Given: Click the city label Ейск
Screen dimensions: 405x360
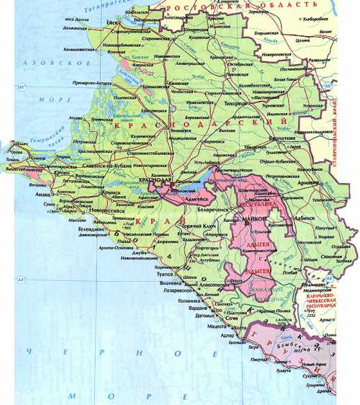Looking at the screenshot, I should point(113,22).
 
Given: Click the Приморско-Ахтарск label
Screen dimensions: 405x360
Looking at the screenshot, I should point(91,83).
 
